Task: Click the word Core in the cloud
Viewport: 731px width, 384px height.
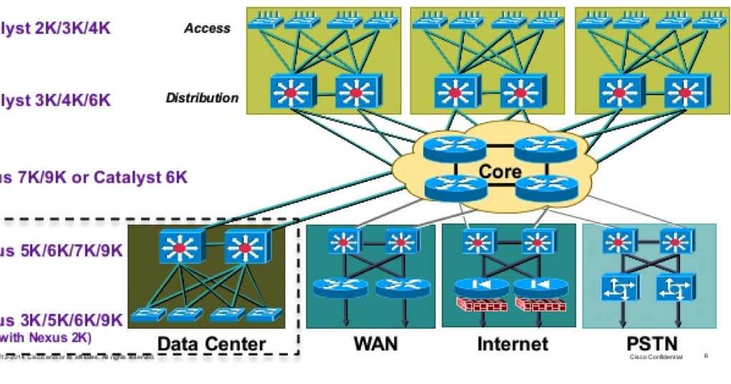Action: [500, 171]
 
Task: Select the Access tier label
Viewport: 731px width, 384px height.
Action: [207, 28]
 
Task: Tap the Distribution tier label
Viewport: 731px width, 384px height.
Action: [202, 97]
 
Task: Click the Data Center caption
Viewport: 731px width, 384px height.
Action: [211, 344]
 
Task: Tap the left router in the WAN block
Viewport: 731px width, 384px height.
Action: [340, 288]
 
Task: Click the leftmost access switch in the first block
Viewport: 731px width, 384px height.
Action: [266, 21]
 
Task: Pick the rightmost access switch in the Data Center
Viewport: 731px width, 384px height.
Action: [265, 315]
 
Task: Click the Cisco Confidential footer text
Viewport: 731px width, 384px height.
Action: [656, 356]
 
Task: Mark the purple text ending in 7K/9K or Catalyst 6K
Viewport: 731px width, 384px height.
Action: [94, 177]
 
